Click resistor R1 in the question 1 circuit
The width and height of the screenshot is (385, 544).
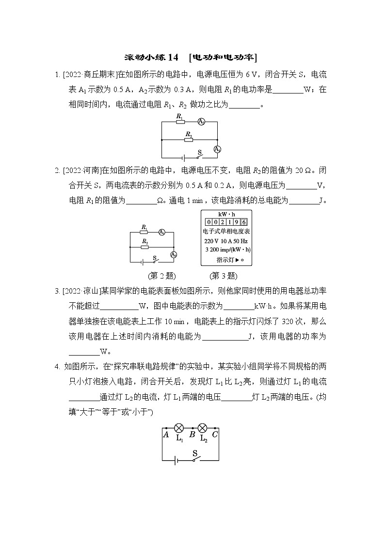click(x=180, y=122)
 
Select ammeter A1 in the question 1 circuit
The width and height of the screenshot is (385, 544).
click(x=218, y=149)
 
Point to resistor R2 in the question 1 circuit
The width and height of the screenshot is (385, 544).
click(x=189, y=139)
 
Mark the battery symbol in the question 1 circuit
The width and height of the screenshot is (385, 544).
click(x=182, y=157)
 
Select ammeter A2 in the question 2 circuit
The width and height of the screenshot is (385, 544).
click(x=173, y=255)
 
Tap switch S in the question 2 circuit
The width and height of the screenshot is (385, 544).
click(x=156, y=261)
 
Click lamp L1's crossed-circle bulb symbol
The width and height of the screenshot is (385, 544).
click(x=179, y=428)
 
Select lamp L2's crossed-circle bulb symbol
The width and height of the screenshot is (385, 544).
click(x=203, y=428)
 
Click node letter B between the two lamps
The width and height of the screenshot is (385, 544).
click(x=192, y=435)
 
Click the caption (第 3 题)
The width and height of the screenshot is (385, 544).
click(x=223, y=276)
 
